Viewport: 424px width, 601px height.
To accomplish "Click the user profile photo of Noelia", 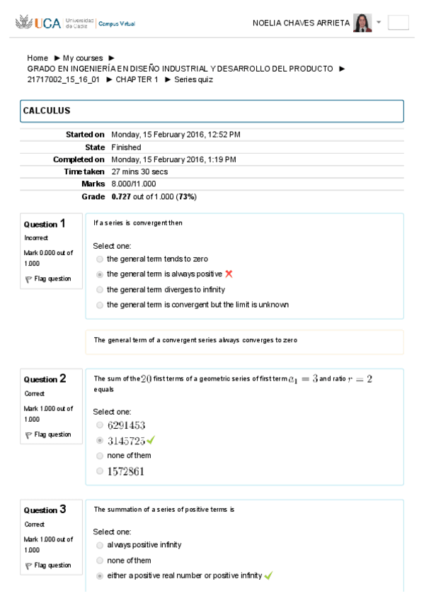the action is [x=362, y=23].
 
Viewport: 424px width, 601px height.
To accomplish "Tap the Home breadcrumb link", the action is [x=38, y=58].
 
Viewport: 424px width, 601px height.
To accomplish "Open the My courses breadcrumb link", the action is [x=83, y=58].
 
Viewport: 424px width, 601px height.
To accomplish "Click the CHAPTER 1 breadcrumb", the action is [x=137, y=79].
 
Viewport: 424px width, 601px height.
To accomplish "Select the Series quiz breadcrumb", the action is [x=193, y=79].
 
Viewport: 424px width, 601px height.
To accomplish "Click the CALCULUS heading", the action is [x=47, y=111].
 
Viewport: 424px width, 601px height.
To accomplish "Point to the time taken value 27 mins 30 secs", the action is [x=139, y=172].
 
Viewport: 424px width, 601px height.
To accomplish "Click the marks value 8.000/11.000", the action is [x=134, y=184].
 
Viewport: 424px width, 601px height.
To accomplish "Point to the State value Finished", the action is [x=126, y=147].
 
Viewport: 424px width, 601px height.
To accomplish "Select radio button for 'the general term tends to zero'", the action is [x=100, y=259].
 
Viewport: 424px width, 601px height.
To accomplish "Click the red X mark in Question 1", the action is [x=229, y=274].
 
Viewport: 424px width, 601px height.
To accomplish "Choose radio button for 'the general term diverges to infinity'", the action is [x=100, y=290].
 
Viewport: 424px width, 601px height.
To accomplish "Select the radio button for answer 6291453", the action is [x=100, y=425].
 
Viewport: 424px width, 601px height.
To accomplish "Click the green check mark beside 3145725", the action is [x=151, y=440].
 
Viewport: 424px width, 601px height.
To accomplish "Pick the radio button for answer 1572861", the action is [x=100, y=471].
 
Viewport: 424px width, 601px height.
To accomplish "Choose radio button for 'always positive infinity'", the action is [x=100, y=545].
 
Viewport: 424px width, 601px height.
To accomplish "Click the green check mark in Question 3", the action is [x=268, y=575].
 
